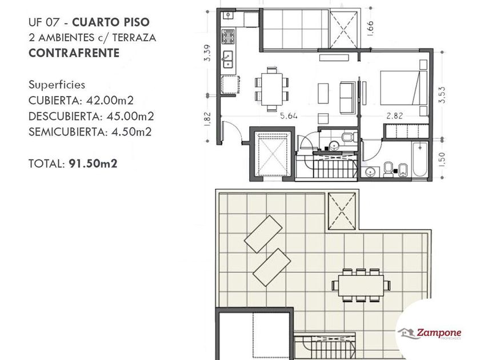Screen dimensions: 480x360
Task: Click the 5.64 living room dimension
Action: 289,116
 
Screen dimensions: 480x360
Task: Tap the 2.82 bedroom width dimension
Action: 395,116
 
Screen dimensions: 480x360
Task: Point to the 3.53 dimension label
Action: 442,95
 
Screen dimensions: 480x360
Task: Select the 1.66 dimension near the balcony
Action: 370,28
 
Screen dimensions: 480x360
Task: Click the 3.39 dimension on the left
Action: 207,53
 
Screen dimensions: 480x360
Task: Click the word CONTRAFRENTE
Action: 74,53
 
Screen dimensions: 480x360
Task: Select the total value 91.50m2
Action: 93,163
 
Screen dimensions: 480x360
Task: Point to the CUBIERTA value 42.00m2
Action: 110,101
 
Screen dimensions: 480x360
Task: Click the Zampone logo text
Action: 439,333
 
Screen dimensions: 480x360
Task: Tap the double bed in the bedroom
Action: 403,88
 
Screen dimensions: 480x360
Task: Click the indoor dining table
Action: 271,89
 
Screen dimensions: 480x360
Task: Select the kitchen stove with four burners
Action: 228,37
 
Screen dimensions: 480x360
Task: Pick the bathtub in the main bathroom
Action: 420,159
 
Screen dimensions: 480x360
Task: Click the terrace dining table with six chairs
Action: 361,285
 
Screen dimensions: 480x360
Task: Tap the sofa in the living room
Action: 347,98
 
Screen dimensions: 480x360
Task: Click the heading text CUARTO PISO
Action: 111,22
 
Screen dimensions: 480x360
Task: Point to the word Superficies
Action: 57,85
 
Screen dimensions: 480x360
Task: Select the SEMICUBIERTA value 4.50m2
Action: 131,132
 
